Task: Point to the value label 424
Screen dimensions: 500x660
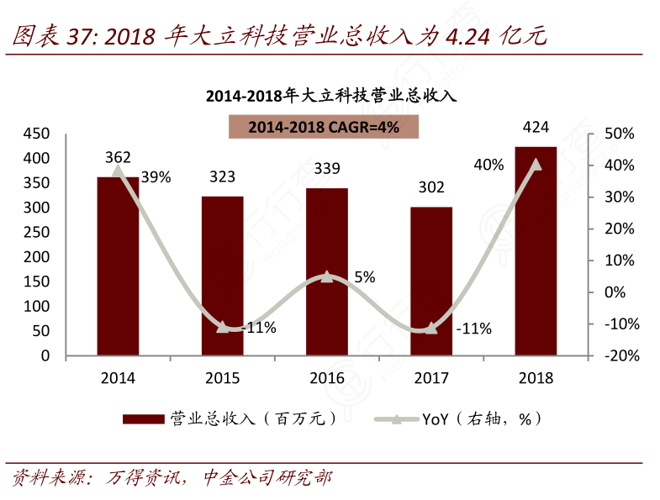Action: [x=536, y=128]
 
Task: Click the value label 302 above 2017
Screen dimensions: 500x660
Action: [x=431, y=187]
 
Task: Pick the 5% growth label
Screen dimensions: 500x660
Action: [x=364, y=276]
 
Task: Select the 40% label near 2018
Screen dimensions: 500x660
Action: [x=488, y=165]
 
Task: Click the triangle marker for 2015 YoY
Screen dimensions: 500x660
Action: [x=223, y=326]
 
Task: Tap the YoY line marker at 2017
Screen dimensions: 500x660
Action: [x=431, y=328]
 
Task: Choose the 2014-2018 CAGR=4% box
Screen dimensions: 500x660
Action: [x=324, y=127]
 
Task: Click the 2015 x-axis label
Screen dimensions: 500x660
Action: [x=223, y=377]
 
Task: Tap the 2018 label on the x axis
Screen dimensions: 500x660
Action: [x=536, y=377]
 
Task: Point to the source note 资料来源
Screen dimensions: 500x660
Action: [x=50, y=479]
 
